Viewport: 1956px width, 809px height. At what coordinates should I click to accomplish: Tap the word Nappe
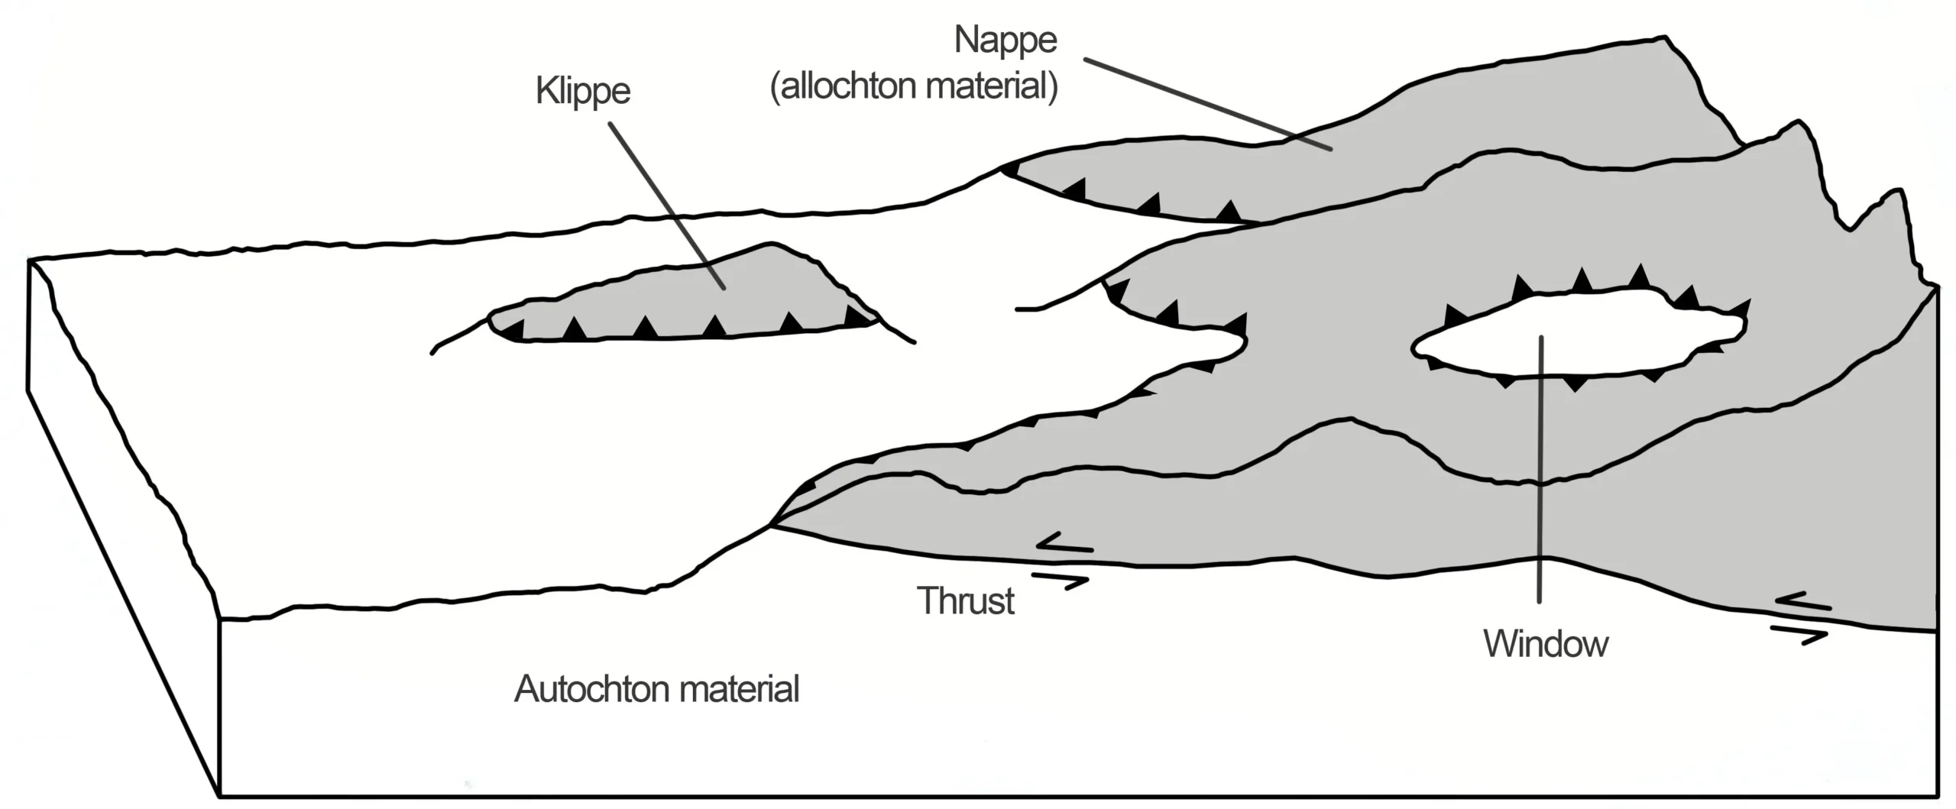1006,40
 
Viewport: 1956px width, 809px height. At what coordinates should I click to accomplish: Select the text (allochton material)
914,86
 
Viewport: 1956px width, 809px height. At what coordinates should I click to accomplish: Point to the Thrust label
966,601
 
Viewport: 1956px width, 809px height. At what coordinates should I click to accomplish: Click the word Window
1546,644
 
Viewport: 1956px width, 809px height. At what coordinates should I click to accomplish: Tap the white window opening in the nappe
1574,336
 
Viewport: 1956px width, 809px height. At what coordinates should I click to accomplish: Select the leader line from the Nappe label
1207,103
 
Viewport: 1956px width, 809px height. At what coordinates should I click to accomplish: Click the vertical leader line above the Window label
1540,458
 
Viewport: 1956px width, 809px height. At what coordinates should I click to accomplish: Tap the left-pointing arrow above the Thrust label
1064,544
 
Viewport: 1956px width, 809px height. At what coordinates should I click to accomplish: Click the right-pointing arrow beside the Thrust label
1061,581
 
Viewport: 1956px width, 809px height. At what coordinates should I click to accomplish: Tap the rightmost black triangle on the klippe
856,315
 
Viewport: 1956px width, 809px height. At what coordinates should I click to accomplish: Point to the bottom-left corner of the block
220,796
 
